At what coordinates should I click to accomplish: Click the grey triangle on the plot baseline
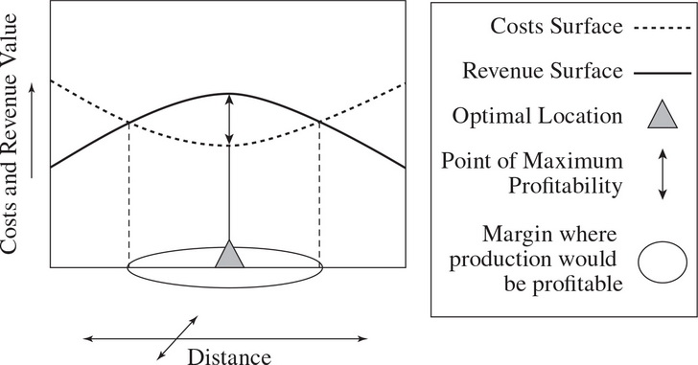point(229,257)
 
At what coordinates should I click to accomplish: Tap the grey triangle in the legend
point(663,117)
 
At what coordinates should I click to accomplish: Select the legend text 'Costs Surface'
point(556,26)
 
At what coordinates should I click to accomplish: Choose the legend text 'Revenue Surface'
point(543,71)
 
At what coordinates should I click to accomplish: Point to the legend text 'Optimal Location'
point(537,116)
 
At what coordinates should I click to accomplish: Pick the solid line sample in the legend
point(662,72)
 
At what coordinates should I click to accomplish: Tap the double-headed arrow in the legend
point(663,173)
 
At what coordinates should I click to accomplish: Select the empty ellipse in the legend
point(663,262)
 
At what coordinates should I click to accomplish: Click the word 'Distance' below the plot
point(229,356)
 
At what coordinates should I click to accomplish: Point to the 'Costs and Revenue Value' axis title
point(10,133)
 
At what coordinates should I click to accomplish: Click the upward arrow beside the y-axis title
point(32,130)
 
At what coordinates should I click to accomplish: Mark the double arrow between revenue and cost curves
point(229,119)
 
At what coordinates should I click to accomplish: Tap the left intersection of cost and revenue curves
point(128,123)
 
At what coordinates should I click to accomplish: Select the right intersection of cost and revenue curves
point(319,121)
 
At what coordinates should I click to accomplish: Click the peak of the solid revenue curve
point(229,94)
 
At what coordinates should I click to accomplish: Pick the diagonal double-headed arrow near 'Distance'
point(177,337)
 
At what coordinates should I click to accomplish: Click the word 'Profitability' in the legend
point(566,186)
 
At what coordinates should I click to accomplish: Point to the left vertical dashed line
point(128,194)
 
